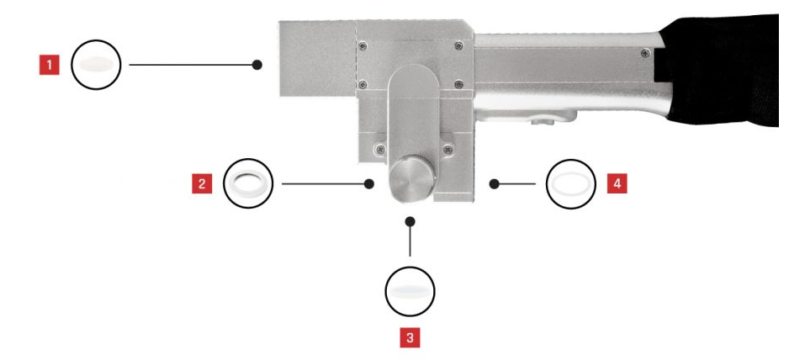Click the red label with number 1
coord(50,65)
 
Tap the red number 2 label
coord(202,183)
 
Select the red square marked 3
coord(410,337)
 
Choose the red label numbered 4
coord(617,183)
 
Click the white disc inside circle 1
coord(96,65)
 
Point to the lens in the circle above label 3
coord(410,291)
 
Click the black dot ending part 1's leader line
coord(257,65)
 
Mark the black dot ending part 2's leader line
coord(368,184)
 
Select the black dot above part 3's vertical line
coord(410,221)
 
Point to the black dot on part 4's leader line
coord(494,184)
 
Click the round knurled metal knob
coord(412,179)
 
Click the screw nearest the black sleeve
coord(645,52)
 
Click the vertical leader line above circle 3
coord(410,241)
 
